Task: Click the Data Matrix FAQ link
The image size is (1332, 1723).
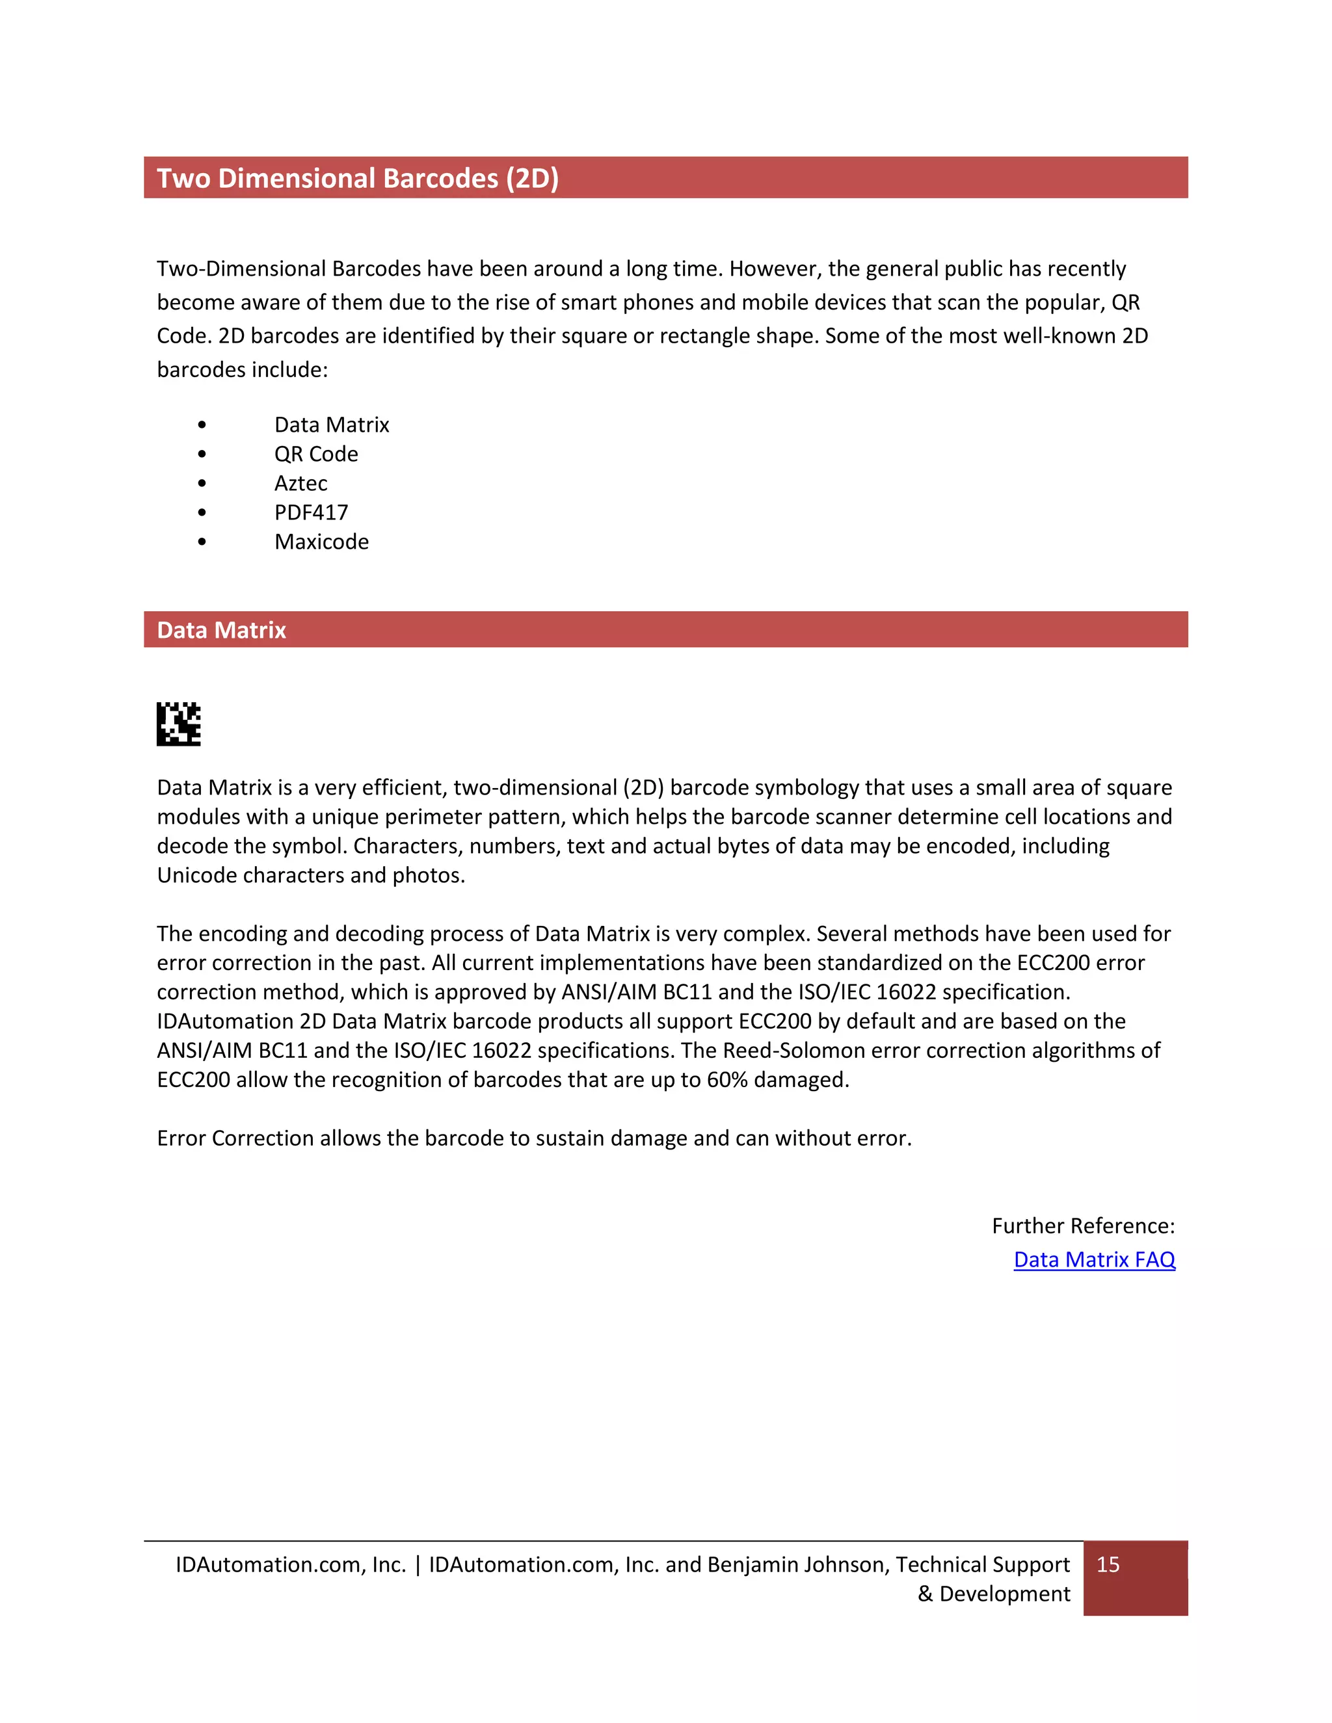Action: click(x=1094, y=1260)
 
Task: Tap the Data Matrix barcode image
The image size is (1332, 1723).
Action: click(x=178, y=724)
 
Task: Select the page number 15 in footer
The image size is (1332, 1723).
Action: click(x=1108, y=1564)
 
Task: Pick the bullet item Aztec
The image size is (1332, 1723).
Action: click(x=300, y=483)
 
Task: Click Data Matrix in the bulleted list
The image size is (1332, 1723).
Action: click(x=332, y=425)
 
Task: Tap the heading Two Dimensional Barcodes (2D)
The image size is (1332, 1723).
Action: click(x=358, y=178)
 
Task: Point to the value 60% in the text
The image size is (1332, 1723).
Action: click(x=726, y=1079)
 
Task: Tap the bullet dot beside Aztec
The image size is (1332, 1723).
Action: click(x=202, y=483)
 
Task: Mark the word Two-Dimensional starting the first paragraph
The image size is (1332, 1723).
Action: click(x=241, y=269)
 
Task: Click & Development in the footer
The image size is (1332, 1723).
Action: click(x=994, y=1594)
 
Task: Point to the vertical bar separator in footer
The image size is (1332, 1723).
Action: click(x=418, y=1564)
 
